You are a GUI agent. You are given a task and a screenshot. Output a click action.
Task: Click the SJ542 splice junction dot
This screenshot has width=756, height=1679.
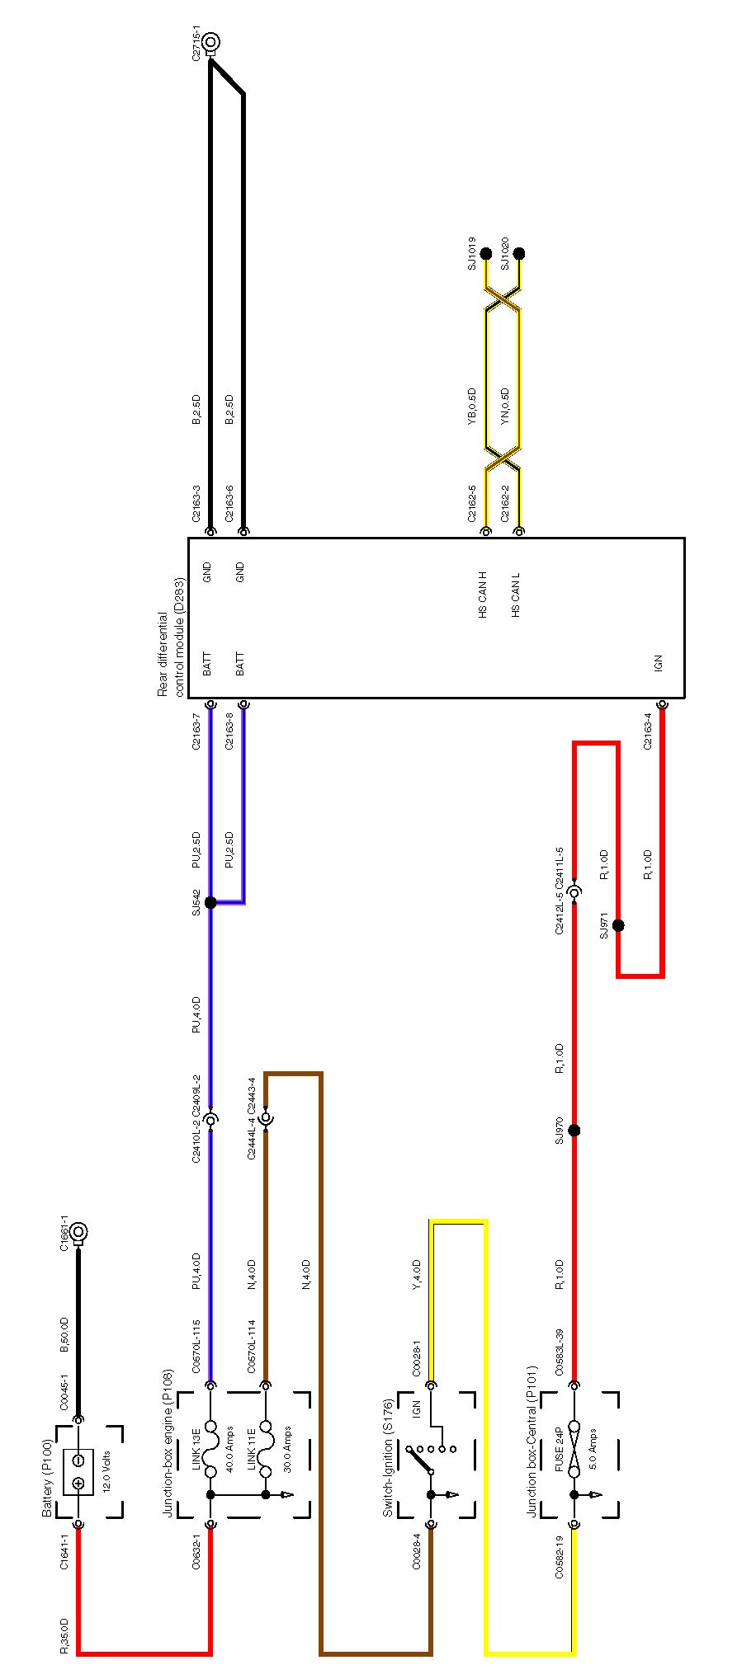coord(210,902)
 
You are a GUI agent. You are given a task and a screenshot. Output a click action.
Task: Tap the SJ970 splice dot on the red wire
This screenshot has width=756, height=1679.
coord(574,1130)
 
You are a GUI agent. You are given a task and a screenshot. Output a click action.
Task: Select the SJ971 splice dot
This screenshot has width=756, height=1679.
coord(617,925)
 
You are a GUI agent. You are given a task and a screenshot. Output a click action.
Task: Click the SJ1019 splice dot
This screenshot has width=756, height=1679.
coord(486,253)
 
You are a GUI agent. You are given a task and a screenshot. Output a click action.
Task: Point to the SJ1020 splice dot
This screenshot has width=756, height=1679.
coord(519,253)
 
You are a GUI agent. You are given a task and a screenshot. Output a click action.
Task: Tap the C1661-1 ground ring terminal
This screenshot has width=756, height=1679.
coord(79,1232)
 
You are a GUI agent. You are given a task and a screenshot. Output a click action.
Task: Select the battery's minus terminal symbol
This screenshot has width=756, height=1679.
coord(78,1459)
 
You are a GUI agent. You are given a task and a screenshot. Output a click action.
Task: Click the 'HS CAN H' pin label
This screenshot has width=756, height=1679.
coord(483,594)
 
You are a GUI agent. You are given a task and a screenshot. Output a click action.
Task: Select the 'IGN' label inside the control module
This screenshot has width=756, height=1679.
coord(658,661)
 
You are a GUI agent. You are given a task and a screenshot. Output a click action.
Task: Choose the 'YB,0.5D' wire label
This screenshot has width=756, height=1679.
coord(472,406)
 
